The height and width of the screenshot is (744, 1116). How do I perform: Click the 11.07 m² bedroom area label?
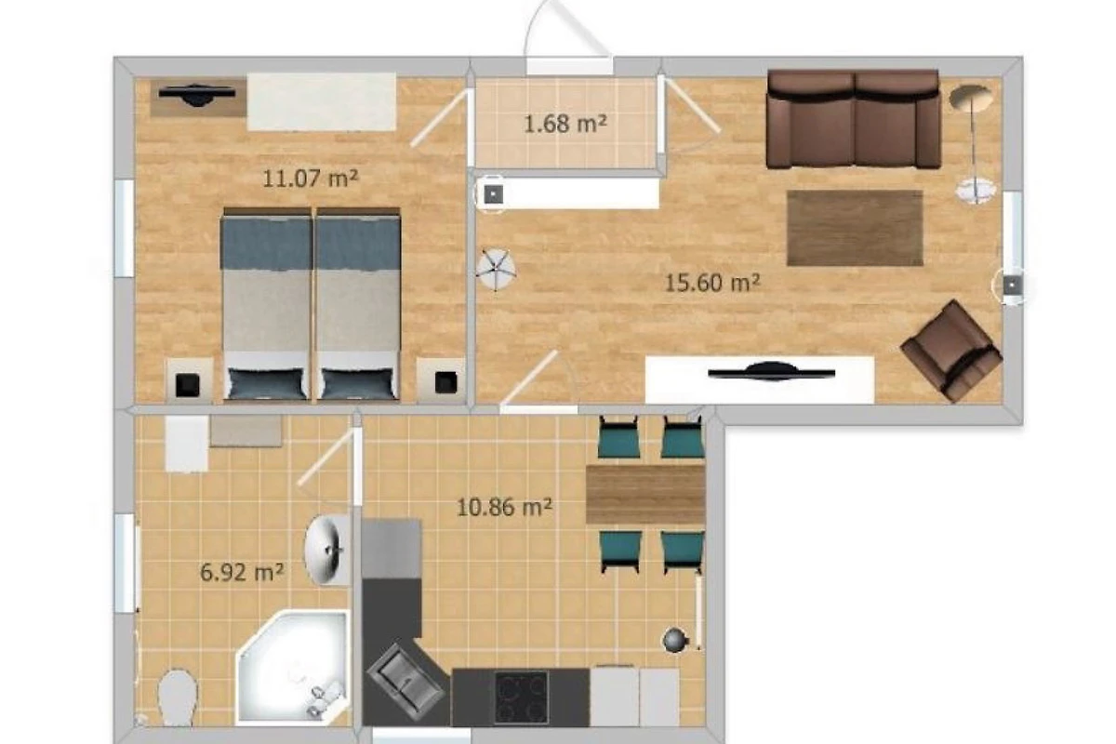click(x=310, y=178)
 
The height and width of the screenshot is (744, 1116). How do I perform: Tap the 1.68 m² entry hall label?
click(x=565, y=123)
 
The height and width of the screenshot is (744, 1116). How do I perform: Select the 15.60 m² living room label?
click(x=712, y=283)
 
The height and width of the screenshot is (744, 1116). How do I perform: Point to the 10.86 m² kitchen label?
click(x=504, y=507)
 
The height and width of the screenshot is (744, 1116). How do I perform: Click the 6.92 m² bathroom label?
click(x=242, y=572)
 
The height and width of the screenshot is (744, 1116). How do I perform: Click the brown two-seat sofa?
click(x=854, y=119)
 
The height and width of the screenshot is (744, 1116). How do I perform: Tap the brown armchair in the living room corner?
click(x=951, y=350)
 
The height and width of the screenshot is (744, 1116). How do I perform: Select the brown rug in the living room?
click(x=855, y=228)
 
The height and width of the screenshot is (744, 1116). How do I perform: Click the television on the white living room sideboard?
click(x=771, y=372)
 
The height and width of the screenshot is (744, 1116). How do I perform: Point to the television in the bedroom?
click(x=197, y=95)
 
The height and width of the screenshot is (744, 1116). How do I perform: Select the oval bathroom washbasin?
click(x=326, y=550)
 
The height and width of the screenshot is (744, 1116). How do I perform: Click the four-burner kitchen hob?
click(x=521, y=697)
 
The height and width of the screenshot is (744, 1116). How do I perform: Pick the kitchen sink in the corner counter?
click(x=405, y=681)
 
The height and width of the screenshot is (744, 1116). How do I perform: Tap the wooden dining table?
click(x=645, y=495)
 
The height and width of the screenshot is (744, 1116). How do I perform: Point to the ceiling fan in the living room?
click(x=495, y=269)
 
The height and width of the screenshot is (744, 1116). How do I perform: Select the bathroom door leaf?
click(x=325, y=458)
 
